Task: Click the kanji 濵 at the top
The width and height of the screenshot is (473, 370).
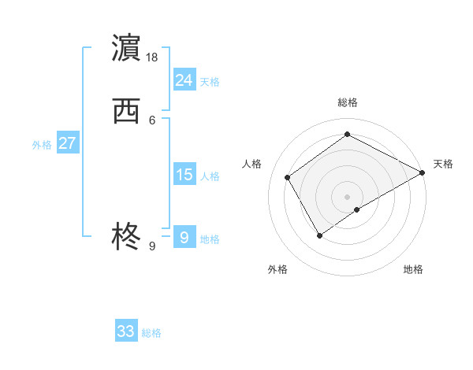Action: coord(126,48)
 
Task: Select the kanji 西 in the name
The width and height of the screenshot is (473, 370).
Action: coord(126,112)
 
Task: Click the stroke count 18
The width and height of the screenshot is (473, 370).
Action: coord(152,57)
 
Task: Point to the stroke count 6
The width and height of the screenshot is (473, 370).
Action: coord(152,120)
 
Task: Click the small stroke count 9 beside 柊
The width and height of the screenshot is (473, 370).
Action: coord(152,246)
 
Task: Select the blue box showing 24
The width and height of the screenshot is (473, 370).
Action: coord(184,80)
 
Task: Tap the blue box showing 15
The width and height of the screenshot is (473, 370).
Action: coord(184,175)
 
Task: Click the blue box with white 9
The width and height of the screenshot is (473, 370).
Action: coord(184,238)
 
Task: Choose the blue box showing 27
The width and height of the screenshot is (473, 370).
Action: coord(67,143)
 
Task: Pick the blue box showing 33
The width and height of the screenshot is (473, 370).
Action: coord(126,331)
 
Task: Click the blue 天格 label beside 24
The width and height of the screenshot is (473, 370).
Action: coord(210,81)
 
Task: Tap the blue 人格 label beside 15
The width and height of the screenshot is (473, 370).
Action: coord(210,176)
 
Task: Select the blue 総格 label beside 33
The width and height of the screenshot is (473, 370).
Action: coord(151,333)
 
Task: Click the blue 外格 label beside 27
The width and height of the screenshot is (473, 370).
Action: coord(42,145)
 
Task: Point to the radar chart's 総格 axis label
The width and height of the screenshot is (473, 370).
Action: coord(347,102)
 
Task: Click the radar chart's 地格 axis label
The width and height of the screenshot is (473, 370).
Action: coord(413,269)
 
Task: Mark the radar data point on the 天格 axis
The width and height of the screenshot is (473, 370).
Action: coord(423,173)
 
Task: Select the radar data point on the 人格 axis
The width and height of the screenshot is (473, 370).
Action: coord(288,177)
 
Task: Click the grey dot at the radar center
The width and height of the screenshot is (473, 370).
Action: coord(347,196)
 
